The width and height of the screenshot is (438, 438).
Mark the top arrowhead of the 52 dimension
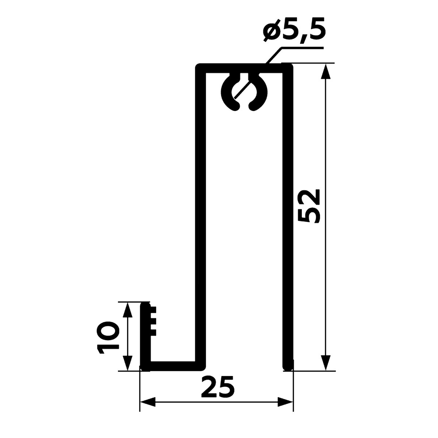tap(326, 72)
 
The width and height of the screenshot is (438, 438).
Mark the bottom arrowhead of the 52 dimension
tap(326, 362)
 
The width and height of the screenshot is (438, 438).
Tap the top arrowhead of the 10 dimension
tap(127, 310)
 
